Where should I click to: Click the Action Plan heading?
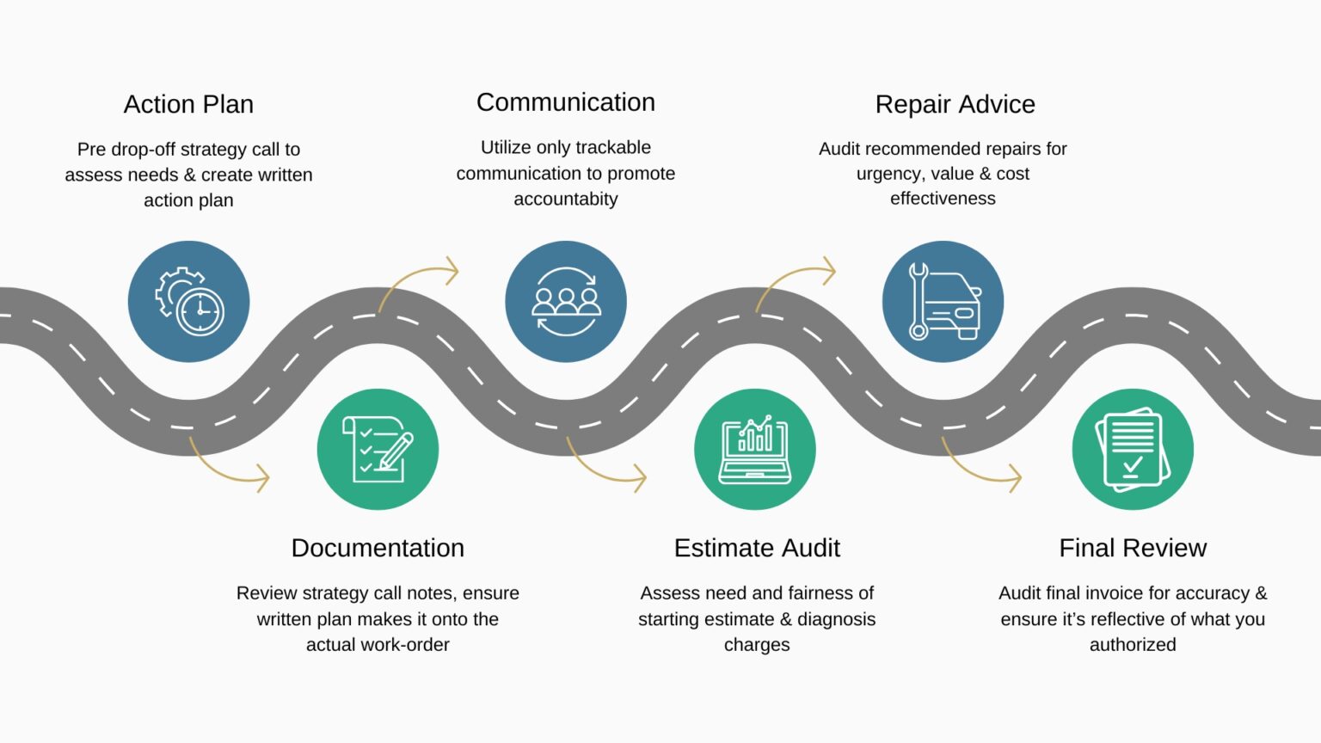coord(188,104)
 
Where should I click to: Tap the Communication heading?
coord(565,102)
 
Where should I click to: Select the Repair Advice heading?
coord(955,104)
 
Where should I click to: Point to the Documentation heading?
coord(378,548)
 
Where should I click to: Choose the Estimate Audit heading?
coord(757,548)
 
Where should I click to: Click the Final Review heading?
coord(1133,548)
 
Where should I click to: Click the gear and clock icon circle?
coord(188,302)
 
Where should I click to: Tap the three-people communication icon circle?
coord(566,302)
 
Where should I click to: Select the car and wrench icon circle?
coord(943,302)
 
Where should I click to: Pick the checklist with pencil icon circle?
coord(378,449)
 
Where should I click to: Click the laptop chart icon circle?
coord(755,449)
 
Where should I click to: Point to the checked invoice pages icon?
coord(1133,449)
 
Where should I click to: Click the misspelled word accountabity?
coord(566,200)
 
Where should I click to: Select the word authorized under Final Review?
coord(1133,645)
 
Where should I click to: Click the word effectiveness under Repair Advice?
coord(943,199)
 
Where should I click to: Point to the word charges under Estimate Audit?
coord(757,645)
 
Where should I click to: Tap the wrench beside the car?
coord(918,301)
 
